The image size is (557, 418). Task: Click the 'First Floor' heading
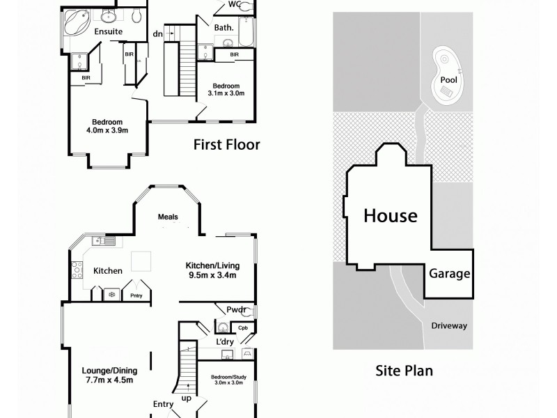point(226,145)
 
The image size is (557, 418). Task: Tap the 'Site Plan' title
point(404,370)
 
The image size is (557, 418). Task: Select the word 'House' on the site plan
point(390,215)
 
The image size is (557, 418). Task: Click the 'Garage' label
point(449,274)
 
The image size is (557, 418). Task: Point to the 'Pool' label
point(449,80)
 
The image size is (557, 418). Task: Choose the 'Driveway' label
point(449,326)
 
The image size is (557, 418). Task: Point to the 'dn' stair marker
point(158,34)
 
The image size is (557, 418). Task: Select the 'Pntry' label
point(136,296)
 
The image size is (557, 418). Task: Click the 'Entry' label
point(163,403)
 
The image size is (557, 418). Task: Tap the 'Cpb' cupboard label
point(243,327)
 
